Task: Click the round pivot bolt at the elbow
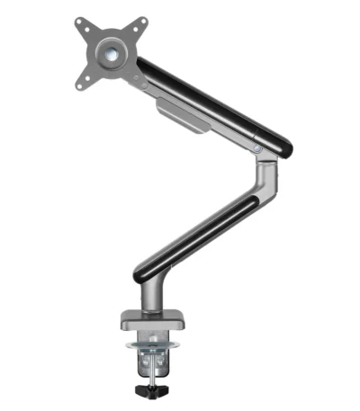[258, 148]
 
